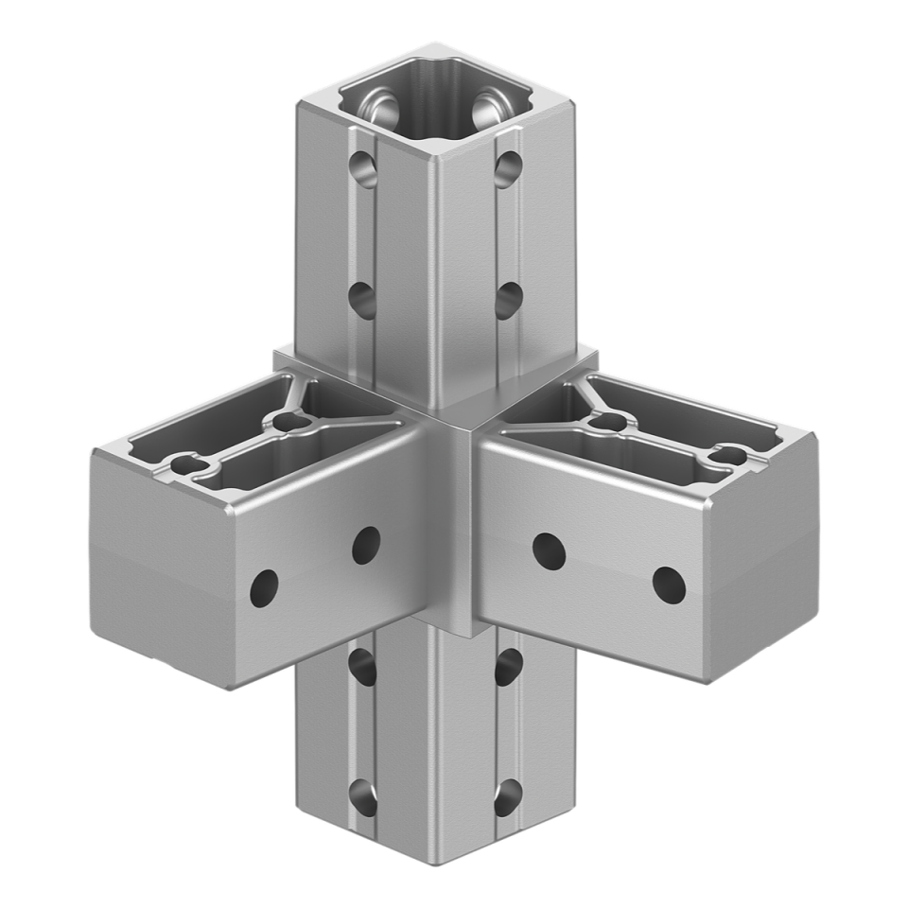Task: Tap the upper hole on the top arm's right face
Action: (x=508, y=169)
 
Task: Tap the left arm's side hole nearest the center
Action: (x=365, y=544)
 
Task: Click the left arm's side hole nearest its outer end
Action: (x=265, y=588)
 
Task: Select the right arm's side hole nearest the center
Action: (x=547, y=550)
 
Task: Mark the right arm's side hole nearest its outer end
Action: (x=668, y=585)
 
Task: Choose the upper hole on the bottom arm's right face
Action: (x=509, y=664)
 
